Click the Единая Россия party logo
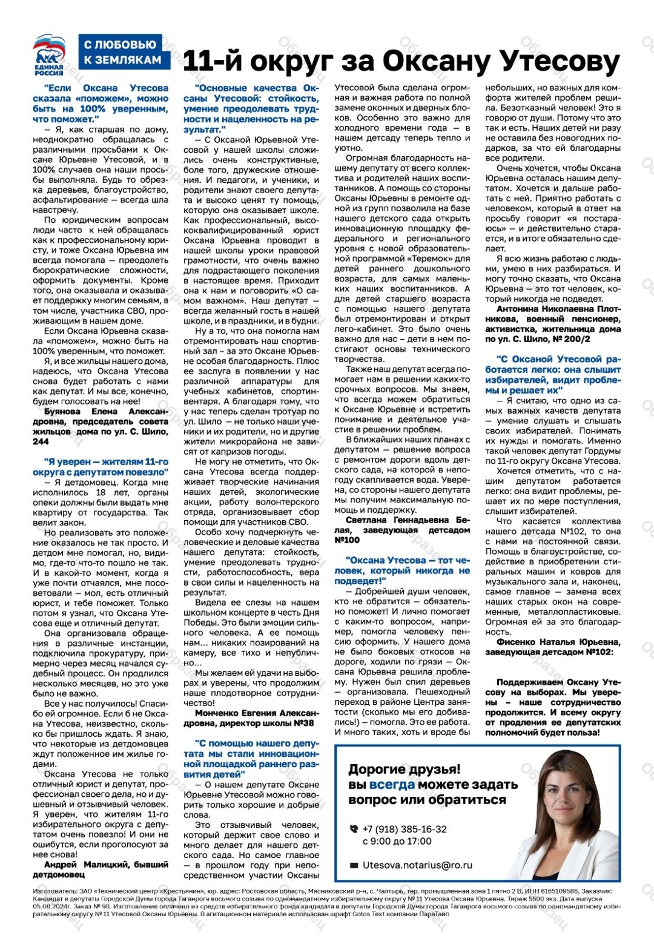tap(49, 54)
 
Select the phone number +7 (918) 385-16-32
tap(405, 829)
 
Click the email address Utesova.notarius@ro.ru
tap(417, 865)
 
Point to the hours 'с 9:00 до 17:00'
tap(397, 841)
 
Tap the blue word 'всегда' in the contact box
tap(392, 785)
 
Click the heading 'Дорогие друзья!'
tap(404, 769)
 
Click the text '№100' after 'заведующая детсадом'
tap(347, 540)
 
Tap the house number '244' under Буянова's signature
tap(41, 441)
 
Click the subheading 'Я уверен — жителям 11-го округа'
tap(101, 467)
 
